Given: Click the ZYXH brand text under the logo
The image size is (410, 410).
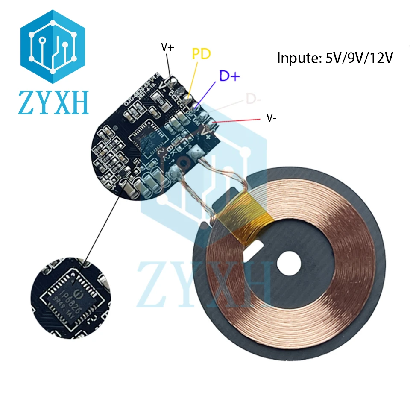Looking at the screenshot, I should click(53, 102).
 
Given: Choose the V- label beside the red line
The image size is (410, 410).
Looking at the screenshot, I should click(271, 118).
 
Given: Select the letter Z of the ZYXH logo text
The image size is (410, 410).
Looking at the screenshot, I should click(27, 102).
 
